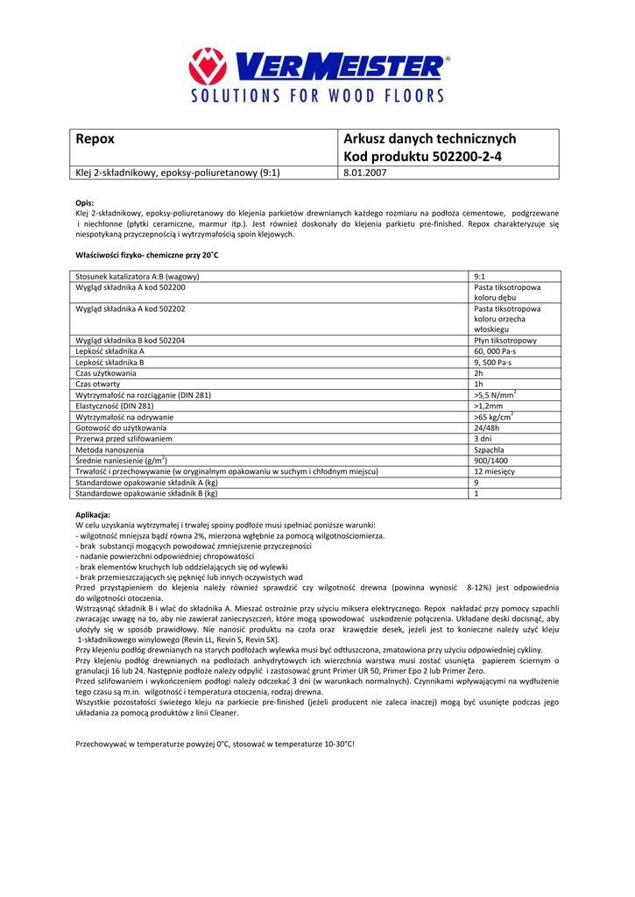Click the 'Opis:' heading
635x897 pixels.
click(85, 202)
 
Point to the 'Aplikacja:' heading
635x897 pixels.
click(93, 513)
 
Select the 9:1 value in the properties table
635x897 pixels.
click(480, 277)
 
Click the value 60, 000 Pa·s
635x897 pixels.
click(495, 351)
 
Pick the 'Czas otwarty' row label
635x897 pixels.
click(98, 384)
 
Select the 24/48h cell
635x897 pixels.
click(487, 427)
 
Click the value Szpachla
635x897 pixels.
click(489, 449)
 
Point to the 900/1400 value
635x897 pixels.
click(490, 461)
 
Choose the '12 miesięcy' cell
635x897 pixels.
click(495, 471)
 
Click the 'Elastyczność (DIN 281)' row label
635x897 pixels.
click(115, 406)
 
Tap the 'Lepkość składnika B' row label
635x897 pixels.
click(109, 362)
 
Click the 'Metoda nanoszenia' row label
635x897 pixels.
click(109, 449)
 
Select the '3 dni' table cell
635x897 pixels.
click(483, 438)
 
